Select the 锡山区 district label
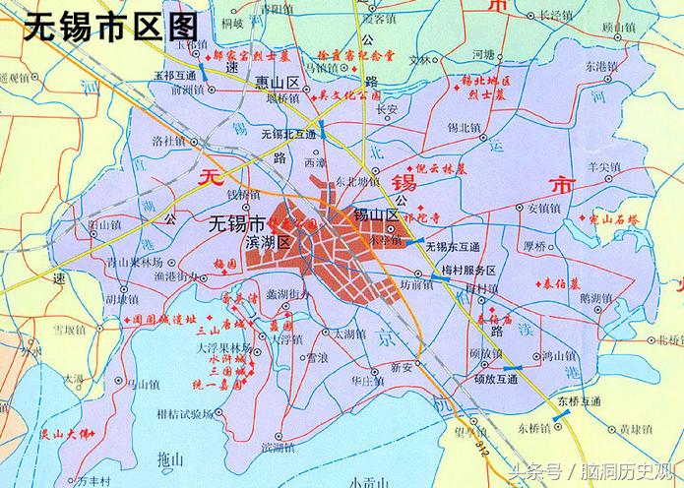pos(376,213)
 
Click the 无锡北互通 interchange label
pos(288,133)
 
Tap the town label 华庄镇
pos(367,379)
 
